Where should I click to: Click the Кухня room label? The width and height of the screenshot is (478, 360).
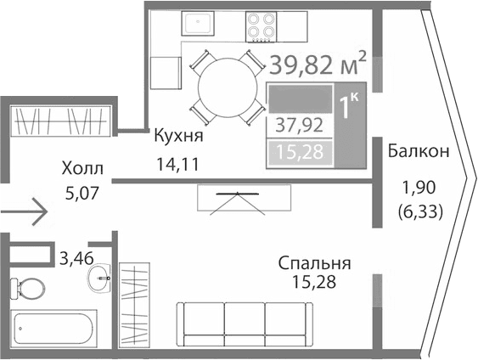point(178,135)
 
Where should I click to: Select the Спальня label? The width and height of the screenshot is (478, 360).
point(314,264)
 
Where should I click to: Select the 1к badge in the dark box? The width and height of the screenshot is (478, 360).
point(348,108)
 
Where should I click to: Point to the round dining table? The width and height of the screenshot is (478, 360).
point(227,85)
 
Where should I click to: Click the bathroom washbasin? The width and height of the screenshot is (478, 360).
point(102,275)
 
